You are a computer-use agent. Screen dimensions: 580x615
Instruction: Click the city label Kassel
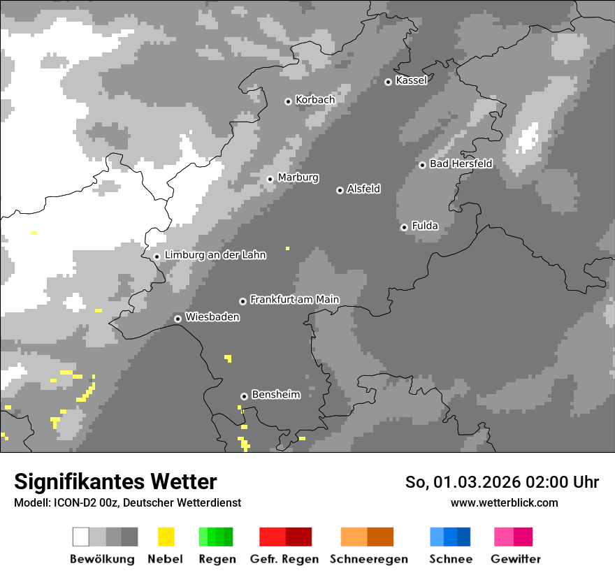(411, 80)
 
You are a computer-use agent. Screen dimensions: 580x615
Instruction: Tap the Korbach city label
(315, 100)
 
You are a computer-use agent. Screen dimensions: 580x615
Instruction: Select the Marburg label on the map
(298, 177)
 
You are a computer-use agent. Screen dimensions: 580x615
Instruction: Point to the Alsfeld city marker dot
(340, 190)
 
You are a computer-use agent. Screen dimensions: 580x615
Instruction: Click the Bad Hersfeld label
(461, 164)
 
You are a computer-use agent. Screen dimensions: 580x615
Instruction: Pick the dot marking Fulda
(404, 227)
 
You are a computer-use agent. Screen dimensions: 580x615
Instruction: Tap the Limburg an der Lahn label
(215, 255)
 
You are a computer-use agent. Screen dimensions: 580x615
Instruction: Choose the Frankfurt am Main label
(294, 299)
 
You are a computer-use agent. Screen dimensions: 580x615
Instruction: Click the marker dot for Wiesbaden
(178, 319)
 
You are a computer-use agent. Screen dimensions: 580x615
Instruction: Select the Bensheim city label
(275, 394)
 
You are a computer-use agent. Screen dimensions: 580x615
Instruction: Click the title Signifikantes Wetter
(115, 481)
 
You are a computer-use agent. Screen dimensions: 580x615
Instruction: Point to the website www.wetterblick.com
(504, 502)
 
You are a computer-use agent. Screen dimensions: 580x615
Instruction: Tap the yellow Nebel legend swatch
(166, 537)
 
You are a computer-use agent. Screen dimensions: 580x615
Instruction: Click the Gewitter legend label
(516, 559)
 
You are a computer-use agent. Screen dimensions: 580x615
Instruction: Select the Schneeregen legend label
(369, 559)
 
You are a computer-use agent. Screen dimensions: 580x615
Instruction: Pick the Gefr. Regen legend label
(284, 559)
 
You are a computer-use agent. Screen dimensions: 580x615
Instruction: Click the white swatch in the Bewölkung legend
(80, 537)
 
